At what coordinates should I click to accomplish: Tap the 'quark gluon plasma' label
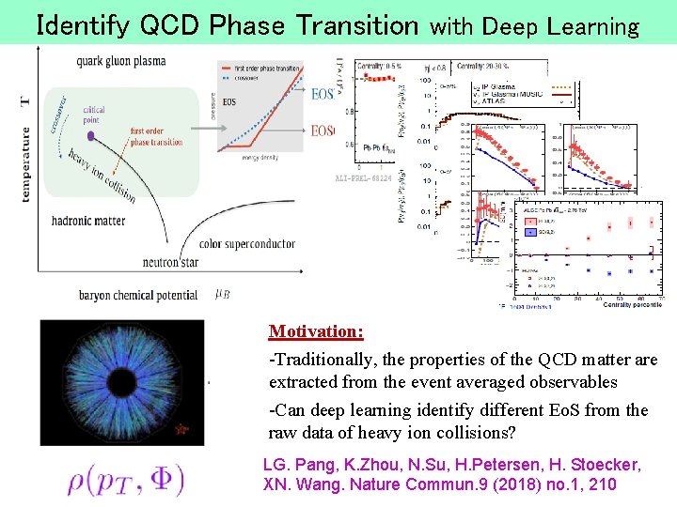pos(121,61)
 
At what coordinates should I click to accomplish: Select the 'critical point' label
pos(94,115)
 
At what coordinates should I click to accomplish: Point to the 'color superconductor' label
pos(247,244)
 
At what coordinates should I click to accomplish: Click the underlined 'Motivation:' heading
pos(316,331)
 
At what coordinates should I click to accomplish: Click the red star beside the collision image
pos(182,429)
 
